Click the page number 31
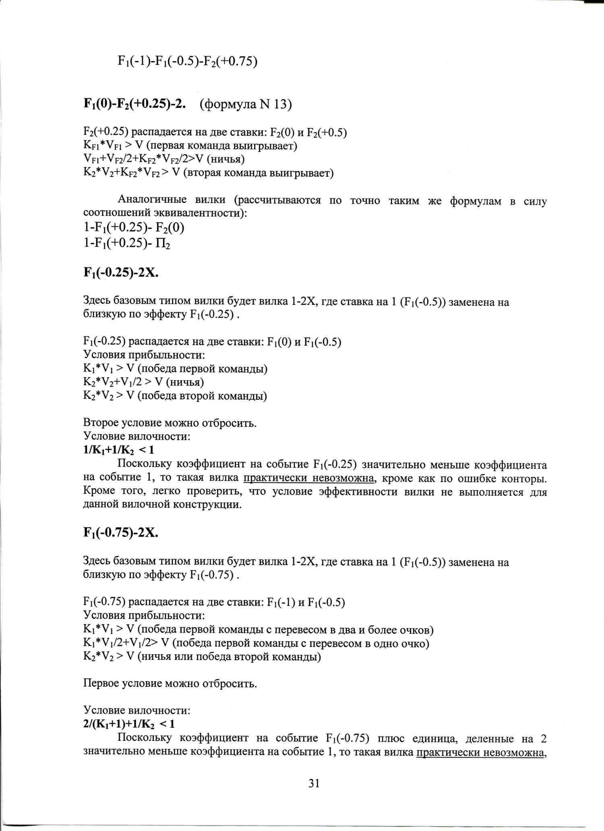coord(314,783)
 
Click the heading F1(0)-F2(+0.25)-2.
coord(134,104)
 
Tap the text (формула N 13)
coord(246,104)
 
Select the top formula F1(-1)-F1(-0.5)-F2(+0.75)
coord(187,61)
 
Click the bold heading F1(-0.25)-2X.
coord(121,273)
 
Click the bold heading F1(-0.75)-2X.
coord(121,533)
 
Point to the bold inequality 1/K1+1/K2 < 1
coord(118,450)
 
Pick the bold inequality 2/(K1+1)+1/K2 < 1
coord(129,724)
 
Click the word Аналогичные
coord(152,200)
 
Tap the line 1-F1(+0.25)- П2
coord(126,244)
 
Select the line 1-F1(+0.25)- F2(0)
coord(134,228)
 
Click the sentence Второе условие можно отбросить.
coord(170,423)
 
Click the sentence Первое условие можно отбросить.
coord(170,683)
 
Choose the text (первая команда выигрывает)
coord(221,145)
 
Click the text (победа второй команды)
coord(202,396)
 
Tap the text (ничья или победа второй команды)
coord(229,657)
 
